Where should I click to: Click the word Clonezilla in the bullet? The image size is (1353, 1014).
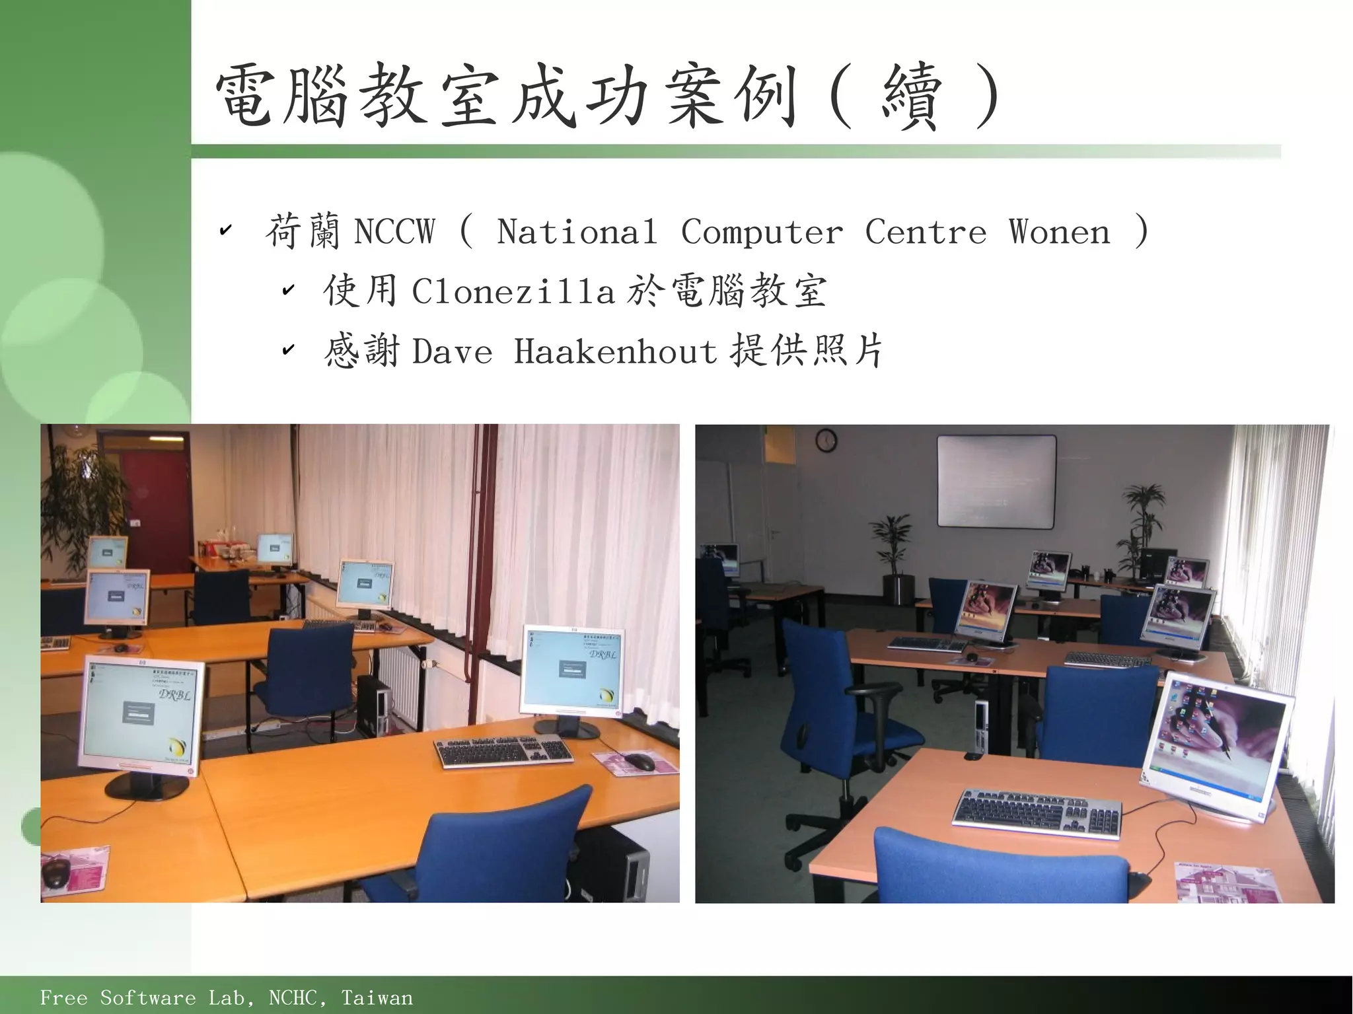513,291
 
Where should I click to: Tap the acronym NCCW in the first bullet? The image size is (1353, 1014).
394,232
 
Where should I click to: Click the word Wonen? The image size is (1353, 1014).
1059,232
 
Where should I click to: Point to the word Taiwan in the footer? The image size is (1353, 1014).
377,997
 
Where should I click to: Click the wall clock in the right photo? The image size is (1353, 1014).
826,440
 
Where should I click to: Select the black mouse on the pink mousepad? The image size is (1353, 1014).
639,762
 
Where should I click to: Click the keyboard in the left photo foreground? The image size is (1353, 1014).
503,750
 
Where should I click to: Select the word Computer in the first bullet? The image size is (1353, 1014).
762,232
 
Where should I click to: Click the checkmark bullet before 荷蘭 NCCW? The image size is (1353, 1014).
225,231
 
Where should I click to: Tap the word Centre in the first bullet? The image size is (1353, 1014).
925,232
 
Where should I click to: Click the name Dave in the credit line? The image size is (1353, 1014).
453,351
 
